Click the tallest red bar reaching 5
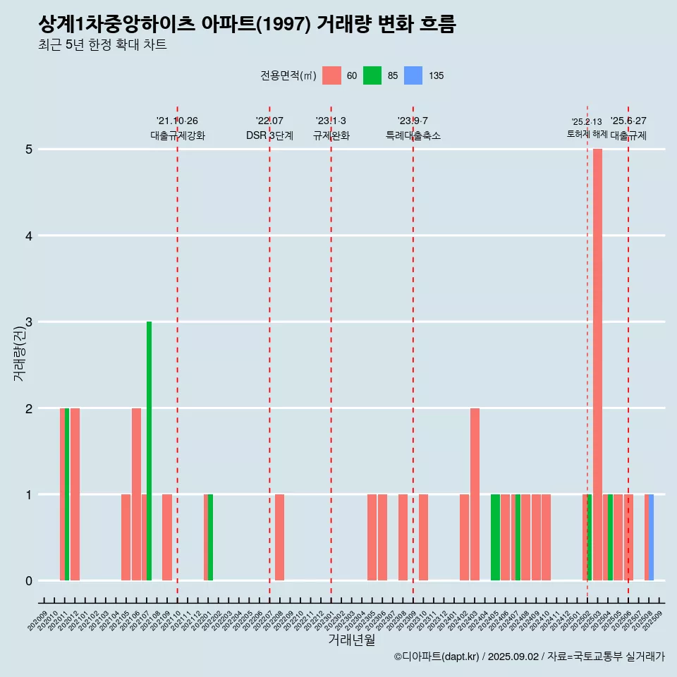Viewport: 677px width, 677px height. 597,365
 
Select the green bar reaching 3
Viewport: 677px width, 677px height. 149,451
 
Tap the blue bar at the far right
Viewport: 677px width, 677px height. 651,537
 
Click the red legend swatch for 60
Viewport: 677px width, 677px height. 331,75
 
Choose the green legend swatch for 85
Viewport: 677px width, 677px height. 372,75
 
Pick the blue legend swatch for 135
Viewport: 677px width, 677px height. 413,75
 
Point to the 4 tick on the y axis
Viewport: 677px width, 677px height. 29,236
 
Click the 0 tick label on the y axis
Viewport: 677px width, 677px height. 29,581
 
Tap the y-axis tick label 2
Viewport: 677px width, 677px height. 29,408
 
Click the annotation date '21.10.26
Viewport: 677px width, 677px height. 177,121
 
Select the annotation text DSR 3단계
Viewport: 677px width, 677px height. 269,135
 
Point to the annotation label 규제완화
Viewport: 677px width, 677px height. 331,135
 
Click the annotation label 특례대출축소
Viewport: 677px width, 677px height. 413,135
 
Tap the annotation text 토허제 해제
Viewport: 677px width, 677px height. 587,134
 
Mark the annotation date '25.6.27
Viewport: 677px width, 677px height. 628,121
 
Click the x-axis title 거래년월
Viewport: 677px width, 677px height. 351,640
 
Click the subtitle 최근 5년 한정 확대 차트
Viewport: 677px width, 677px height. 103,45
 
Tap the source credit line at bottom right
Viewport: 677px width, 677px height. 529,657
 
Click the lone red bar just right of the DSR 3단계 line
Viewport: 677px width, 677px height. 280,537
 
